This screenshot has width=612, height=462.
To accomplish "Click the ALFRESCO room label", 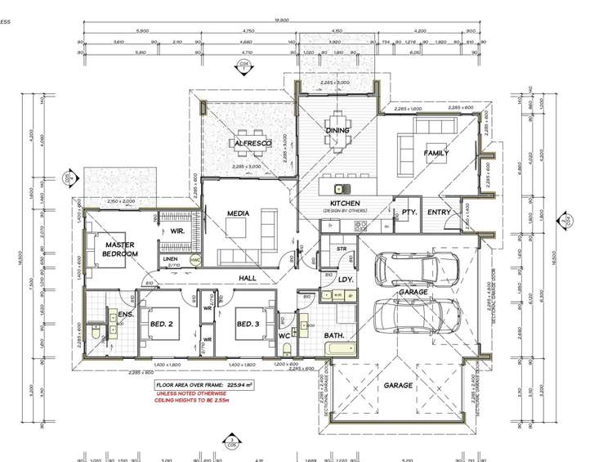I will click(247, 143).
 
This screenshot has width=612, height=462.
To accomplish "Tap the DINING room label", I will click(337, 130).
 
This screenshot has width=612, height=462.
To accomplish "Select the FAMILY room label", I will click(436, 153).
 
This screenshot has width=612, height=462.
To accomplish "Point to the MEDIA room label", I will click(238, 213).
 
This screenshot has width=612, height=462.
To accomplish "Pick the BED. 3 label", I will click(248, 324).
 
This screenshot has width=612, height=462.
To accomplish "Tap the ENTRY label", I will click(439, 213).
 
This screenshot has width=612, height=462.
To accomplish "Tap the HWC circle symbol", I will click(194, 259).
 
